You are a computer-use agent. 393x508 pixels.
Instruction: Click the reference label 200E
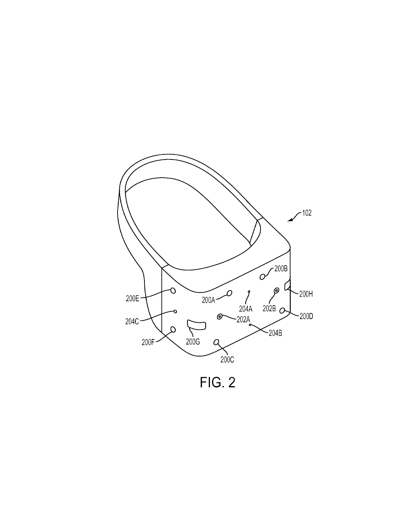pyautogui.click(x=132, y=299)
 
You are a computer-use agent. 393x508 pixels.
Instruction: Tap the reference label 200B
pyautogui.click(x=281, y=269)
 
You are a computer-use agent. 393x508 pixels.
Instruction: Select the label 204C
pyautogui.click(x=132, y=322)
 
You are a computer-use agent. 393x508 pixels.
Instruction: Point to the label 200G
pyautogui.click(x=193, y=342)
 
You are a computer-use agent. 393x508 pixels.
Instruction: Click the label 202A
pyautogui.click(x=243, y=319)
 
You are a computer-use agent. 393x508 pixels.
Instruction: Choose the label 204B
pyautogui.click(x=275, y=333)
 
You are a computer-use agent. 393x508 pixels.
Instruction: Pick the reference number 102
pyautogui.click(x=307, y=213)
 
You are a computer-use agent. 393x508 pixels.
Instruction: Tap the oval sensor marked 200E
pyautogui.click(x=173, y=291)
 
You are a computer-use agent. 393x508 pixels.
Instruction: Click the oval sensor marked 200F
pyautogui.click(x=173, y=329)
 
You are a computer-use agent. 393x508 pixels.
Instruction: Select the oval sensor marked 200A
pyautogui.click(x=230, y=293)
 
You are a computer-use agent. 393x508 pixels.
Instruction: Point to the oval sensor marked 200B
pyautogui.click(x=262, y=277)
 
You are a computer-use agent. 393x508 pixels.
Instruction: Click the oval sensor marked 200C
pyautogui.click(x=216, y=343)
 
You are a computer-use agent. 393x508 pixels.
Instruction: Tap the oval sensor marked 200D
pyautogui.click(x=282, y=310)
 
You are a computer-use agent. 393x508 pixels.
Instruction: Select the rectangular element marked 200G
pyautogui.click(x=196, y=325)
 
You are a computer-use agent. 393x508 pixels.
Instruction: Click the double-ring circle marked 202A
pyautogui.click(x=219, y=317)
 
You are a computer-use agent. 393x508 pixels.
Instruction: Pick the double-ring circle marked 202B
pyautogui.click(x=277, y=290)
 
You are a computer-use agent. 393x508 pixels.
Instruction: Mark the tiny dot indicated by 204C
pyautogui.click(x=175, y=311)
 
